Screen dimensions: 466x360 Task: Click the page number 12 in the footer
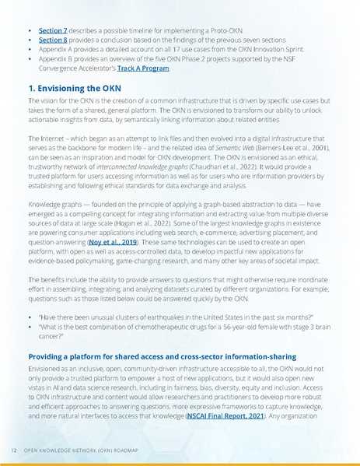(13, 450)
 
